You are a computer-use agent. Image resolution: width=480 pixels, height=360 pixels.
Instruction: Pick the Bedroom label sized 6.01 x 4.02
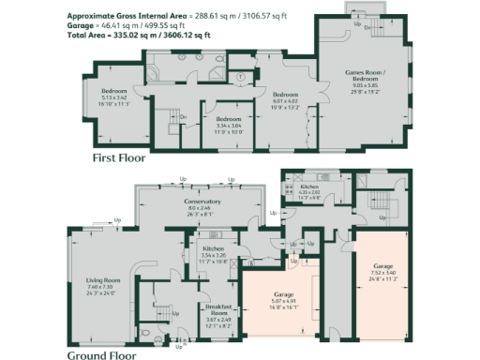[x=285, y=95]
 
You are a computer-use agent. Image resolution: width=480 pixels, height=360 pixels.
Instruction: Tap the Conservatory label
[x=202, y=202]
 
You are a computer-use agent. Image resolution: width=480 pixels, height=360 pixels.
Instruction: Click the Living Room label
[x=104, y=280]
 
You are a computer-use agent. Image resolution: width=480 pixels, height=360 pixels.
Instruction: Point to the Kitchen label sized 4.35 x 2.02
[x=310, y=188]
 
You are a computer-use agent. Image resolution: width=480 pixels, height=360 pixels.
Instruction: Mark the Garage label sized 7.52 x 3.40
[x=382, y=267]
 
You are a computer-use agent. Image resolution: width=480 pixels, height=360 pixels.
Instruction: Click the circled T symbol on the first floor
[x=241, y=76]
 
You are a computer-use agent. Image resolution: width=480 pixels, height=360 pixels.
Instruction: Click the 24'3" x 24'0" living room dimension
[x=104, y=293]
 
